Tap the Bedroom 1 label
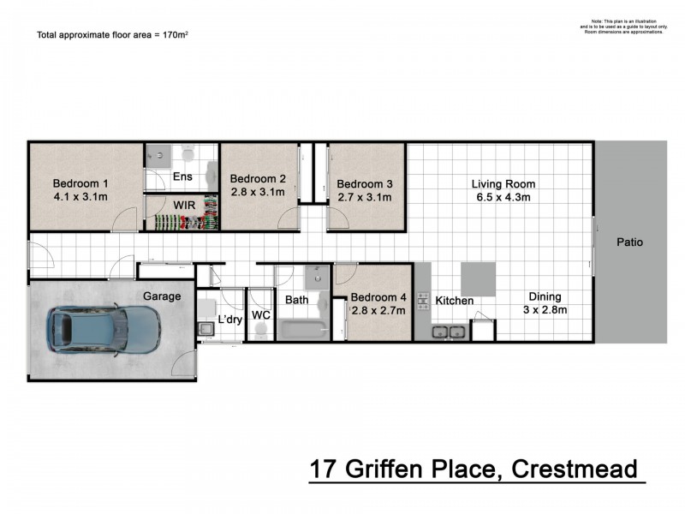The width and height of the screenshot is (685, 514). click(x=80, y=183)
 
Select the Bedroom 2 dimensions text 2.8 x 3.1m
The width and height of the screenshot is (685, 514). click(x=257, y=192)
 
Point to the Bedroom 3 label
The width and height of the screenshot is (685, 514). click(x=364, y=183)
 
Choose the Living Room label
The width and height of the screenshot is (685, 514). click(x=503, y=183)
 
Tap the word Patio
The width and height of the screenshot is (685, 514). click(x=629, y=242)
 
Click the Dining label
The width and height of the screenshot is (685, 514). click(x=545, y=296)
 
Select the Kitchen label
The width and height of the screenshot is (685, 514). click(x=454, y=301)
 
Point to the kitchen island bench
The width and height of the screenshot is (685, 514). click(x=479, y=279)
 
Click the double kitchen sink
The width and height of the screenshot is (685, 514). click(x=449, y=332)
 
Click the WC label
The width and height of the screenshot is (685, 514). click(x=261, y=315)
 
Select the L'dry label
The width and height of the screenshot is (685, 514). click(x=229, y=320)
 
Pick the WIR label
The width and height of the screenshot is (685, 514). click(x=183, y=206)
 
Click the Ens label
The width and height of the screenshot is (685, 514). click(x=182, y=177)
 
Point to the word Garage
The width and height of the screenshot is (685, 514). click(x=162, y=296)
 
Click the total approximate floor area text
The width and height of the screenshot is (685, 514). click(x=111, y=35)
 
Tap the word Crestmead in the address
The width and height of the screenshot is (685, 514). click(x=575, y=469)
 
